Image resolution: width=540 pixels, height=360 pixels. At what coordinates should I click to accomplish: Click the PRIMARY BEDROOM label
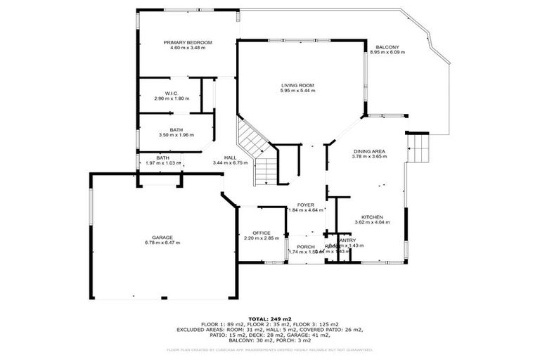[x=188, y=42]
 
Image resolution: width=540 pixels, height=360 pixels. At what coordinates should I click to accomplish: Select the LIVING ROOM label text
[x=297, y=85]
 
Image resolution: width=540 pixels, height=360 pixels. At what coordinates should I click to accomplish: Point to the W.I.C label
[x=171, y=93]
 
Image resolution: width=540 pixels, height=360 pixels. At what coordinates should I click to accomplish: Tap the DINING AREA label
[x=368, y=151]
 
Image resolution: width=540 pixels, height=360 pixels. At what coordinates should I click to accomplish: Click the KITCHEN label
[x=371, y=217]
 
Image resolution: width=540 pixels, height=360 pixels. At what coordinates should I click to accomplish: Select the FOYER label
[x=305, y=205]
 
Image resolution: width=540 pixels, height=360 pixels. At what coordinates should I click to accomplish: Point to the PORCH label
[x=305, y=246]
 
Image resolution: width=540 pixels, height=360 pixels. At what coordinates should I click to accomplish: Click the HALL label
[x=230, y=157]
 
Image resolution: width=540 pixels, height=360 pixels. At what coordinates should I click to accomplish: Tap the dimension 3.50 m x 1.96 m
[x=176, y=135]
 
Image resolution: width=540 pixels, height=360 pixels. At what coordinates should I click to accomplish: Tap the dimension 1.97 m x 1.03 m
[x=162, y=163]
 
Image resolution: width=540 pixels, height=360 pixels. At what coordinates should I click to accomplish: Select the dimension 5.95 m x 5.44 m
[x=297, y=91]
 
